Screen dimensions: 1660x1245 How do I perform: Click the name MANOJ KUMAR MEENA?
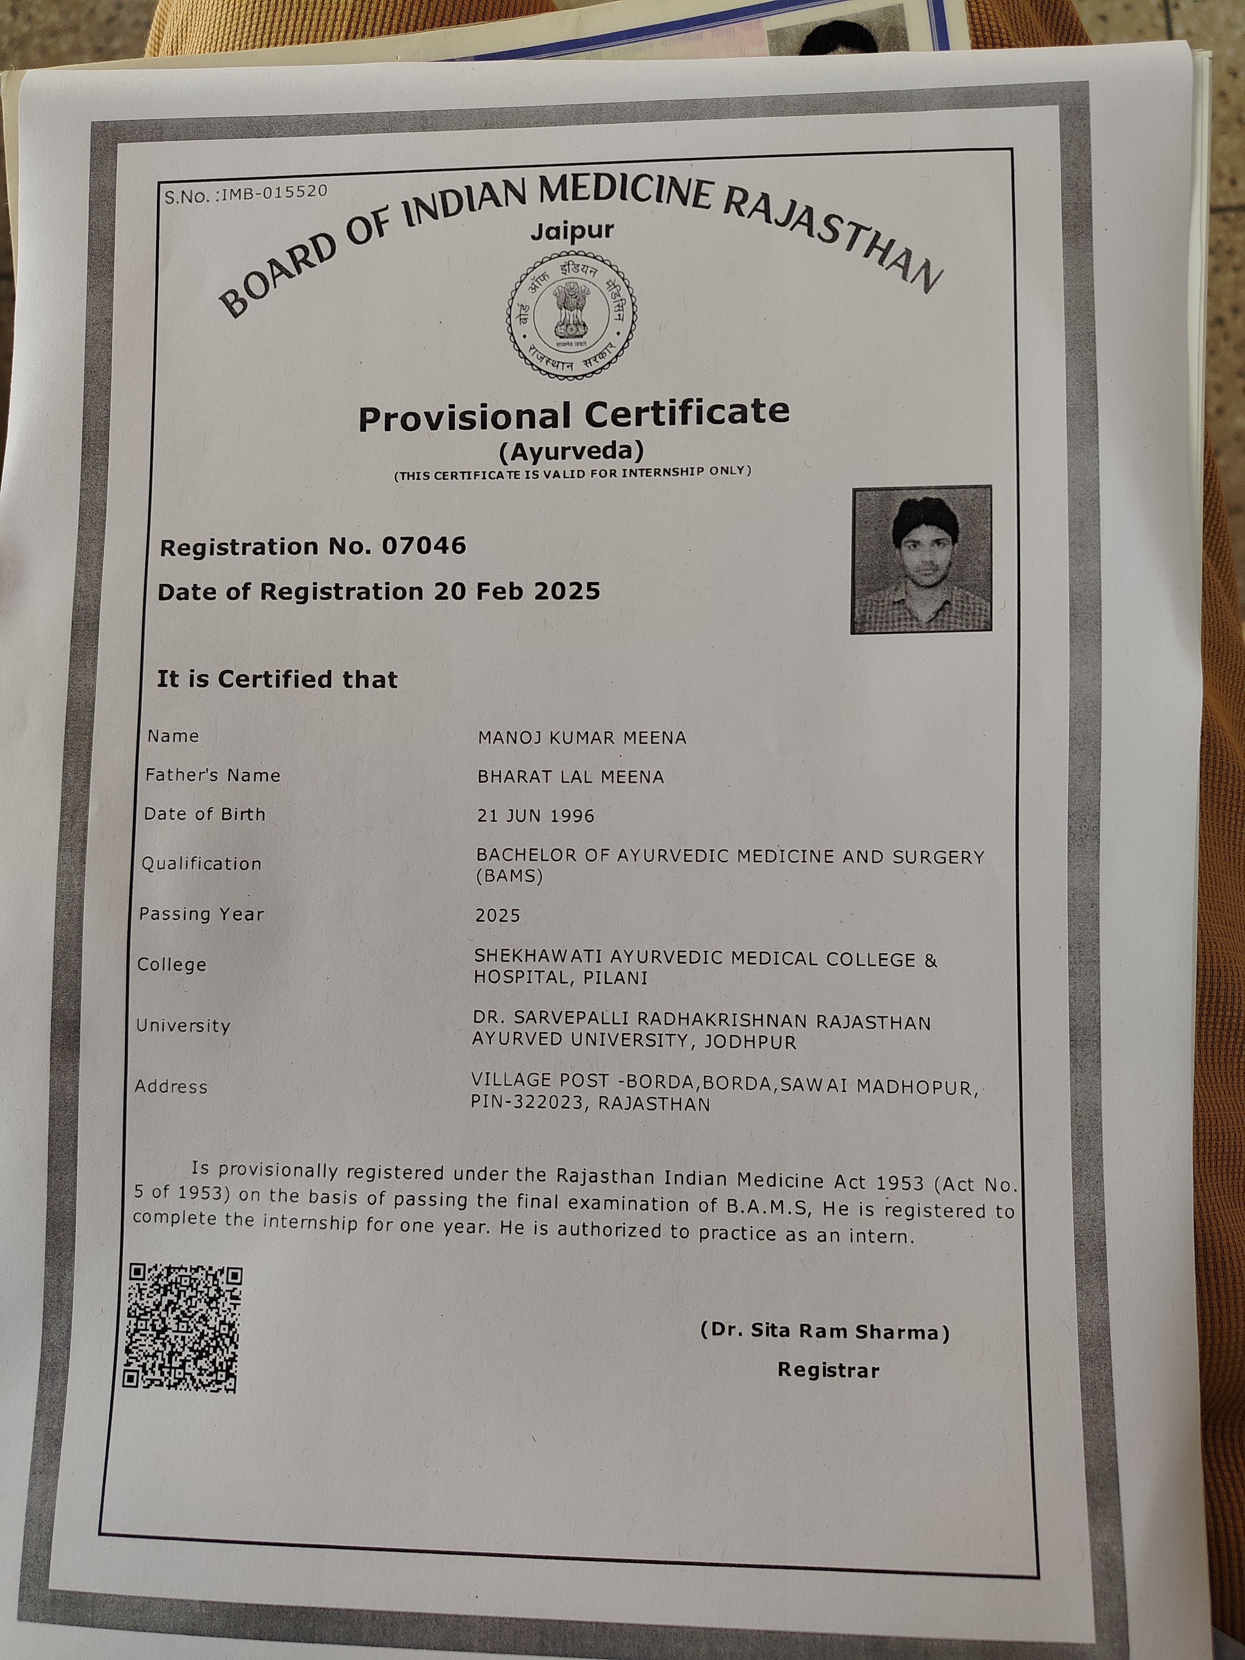pos(581,738)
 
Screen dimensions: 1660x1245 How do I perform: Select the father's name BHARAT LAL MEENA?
pos(570,777)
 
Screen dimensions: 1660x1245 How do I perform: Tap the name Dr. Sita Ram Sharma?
pos(825,1331)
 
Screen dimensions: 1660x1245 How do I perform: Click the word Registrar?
pos(828,1369)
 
